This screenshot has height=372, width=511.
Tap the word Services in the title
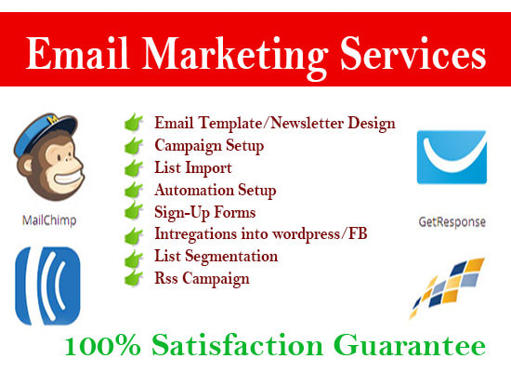(413, 53)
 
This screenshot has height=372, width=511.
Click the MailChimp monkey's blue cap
(45, 131)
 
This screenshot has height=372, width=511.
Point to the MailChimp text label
(49, 220)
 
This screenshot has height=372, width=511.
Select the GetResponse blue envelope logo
(452, 157)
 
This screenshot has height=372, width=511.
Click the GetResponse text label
(452, 222)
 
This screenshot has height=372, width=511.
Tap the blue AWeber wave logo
(47, 286)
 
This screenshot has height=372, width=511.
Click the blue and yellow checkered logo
(447, 288)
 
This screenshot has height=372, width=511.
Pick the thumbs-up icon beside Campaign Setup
(133, 145)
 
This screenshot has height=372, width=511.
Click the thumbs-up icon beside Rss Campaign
(133, 278)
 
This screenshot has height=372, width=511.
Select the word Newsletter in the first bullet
(307, 123)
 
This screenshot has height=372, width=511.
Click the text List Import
(193, 167)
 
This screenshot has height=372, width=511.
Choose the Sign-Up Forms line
(204, 212)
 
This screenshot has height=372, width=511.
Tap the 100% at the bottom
(102, 346)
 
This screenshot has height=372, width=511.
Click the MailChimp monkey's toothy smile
(70, 178)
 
